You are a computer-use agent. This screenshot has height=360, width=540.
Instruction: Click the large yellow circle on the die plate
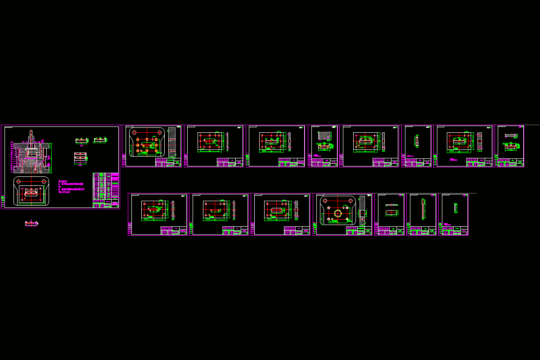pyautogui.click(x=337, y=213)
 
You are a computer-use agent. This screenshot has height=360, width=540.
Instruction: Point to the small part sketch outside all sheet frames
pyautogui.click(x=31, y=223)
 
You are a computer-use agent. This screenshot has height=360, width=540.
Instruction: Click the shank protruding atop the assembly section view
pyautogui.click(x=31, y=135)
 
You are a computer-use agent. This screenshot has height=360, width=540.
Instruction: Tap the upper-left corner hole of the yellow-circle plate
pyautogui.click(x=325, y=200)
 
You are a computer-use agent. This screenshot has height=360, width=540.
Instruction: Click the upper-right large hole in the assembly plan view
pyautogui.click(x=44, y=181)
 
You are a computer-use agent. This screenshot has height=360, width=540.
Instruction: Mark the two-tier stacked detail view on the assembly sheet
pyautogui.click(x=80, y=157)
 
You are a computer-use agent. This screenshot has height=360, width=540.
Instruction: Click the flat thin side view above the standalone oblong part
pyautogui.click(x=391, y=205)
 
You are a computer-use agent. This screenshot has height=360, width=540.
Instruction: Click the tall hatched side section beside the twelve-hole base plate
pyautogui.click(x=172, y=142)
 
